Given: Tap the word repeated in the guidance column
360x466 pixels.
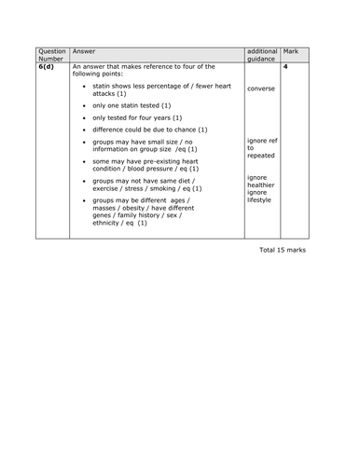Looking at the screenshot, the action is (x=262, y=155).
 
